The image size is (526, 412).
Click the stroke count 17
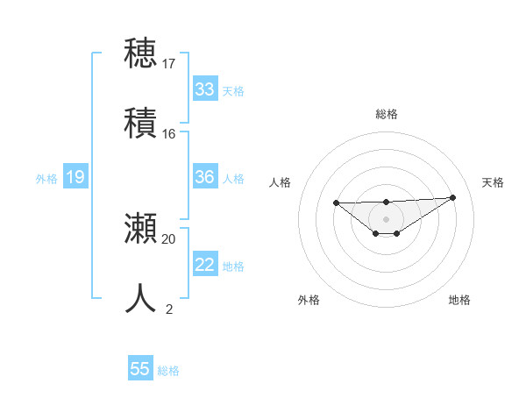(x=169, y=64)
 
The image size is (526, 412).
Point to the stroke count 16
(x=169, y=134)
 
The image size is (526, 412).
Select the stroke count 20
(x=169, y=238)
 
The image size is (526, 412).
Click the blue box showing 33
(x=205, y=89)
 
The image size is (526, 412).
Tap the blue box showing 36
(x=205, y=177)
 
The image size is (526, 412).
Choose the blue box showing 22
(x=205, y=265)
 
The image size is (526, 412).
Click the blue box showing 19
(x=75, y=177)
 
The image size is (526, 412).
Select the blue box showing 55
(x=140, y=369)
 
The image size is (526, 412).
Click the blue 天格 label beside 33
(x=233, y=91)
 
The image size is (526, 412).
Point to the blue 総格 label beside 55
(x=168, y=371)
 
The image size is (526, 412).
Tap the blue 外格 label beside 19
(x=46, y=179)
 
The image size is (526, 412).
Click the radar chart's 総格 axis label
(x=386, y=114)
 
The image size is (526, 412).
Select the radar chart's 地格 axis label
(x=459, y=301)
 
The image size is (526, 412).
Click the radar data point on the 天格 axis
(x=452, y=197)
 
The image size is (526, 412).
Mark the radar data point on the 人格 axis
(x=336, y=202)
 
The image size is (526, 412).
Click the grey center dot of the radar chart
(x=386, y=219)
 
